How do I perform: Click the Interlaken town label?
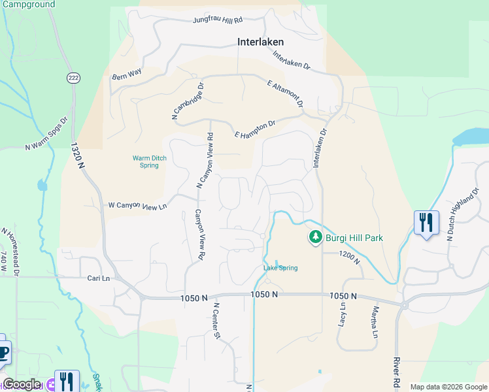point(260,42)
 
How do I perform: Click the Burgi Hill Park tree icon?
point(315,237)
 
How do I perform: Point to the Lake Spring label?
point(280,268)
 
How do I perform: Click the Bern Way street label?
point(127,74)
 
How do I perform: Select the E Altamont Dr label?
point(286,93)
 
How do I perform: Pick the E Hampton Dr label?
point(256,129)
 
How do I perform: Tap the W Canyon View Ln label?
point(138,206)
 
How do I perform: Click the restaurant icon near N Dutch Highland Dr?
point(426,223)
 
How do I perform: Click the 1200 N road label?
point(350,258)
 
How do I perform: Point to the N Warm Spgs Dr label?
point(46,135)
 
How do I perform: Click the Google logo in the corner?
point(22,384)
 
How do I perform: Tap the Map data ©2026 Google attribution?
point(448,387)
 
